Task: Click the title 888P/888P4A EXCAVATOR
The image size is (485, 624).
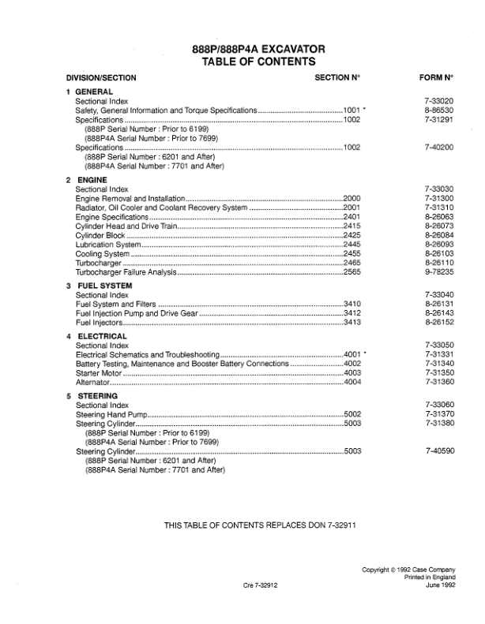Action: (x=253, y=48)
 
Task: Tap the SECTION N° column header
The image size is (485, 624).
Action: (x=337, y=77)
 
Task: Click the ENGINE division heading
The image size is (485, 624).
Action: (x=92, y=180)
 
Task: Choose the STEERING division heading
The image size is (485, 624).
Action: (x=98, y=395)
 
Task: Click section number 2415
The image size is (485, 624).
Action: (x=352, y=226)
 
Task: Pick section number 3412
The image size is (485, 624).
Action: (x=352, y=312)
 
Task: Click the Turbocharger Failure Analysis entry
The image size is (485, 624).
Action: (x=126, y=272)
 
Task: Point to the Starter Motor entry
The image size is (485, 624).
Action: (x=100, y=372)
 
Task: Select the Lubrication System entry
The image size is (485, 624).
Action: (x=108, y=245)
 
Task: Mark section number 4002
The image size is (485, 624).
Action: (x=352, y=363)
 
